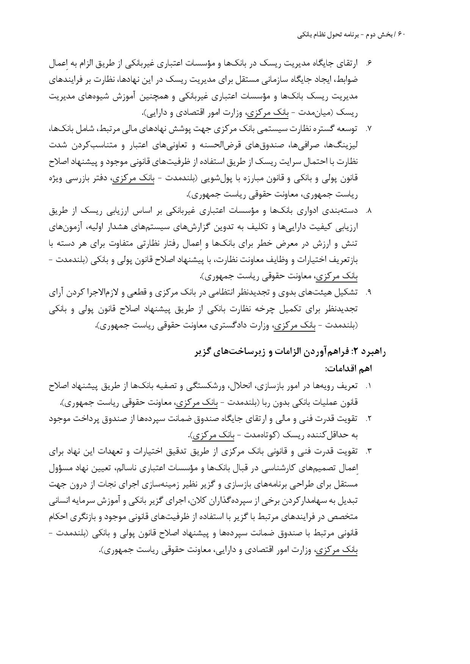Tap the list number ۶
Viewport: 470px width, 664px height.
(x=368, y=64)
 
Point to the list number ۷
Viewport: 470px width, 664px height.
(x=368, y=129)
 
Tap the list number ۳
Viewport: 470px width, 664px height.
(x=368, y=451)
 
